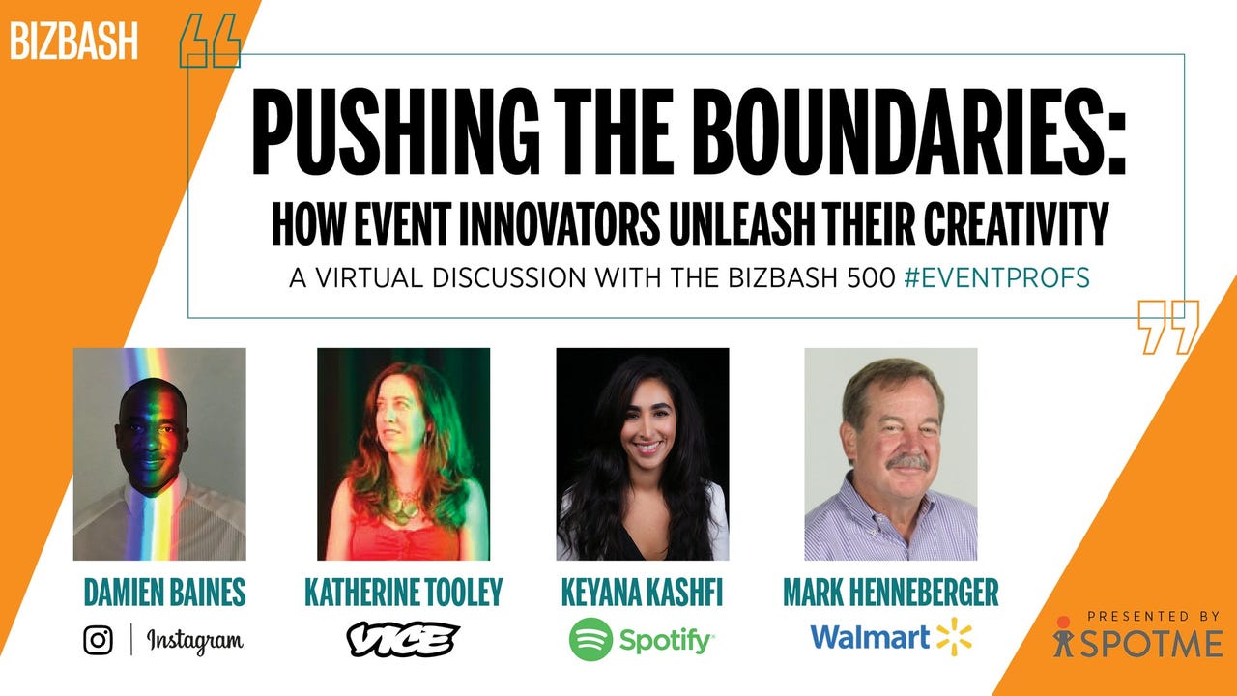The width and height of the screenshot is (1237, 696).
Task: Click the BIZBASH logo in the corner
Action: pyautogui.click(x=74, y=41)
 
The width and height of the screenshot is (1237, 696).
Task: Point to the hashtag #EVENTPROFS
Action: pyautogui.click(x=997, y=277)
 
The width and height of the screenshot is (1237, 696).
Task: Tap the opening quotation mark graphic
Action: pyautogui.click(x=210, y=40)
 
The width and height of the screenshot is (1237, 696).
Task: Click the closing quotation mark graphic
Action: pyautogui.click(x=1168, y=326)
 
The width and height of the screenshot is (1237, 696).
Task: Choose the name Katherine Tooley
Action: pyautogui.click(x=403, y=593)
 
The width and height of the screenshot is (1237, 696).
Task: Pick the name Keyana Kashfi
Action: pyautogui.click(x=642, y=593)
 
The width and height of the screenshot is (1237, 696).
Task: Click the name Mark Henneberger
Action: pyautogui.click(x=890, y=593)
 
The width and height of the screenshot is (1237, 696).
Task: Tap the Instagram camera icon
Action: pyautogui.click(x=98, y=639)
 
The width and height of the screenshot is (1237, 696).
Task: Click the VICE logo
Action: pyautogui.click(x=402, y=639)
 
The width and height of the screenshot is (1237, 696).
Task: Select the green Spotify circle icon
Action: pyautogui.click(x=590, y=639)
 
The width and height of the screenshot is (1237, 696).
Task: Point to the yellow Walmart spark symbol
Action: pyautogui.click(x=954, y=637)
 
